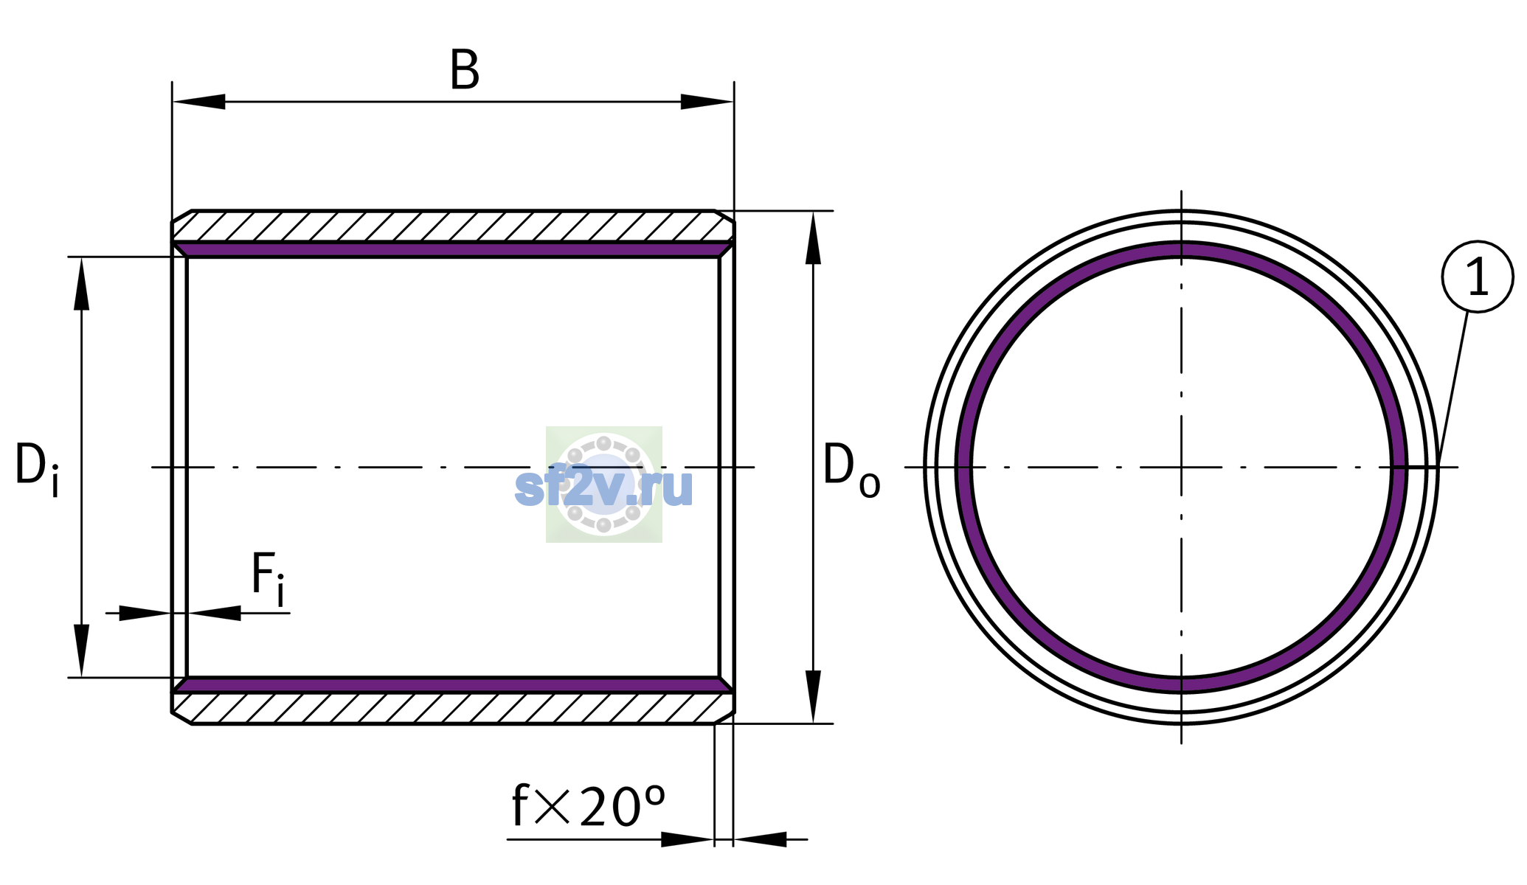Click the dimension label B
pos(465,71)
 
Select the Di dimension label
pos(37,469)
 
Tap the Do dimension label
pos(851,469)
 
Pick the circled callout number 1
pos(1478,277)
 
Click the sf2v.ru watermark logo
pos(604,485)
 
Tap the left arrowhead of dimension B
pos(198,102)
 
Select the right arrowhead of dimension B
pos(707,102)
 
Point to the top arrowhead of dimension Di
pos(81,283)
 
